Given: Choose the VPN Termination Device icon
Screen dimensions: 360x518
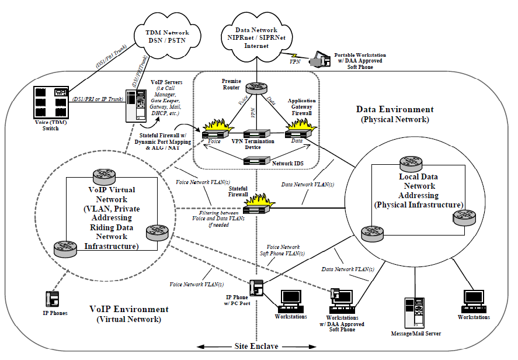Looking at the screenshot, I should [x=257, y=135].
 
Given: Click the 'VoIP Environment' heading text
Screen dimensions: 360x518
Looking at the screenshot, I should [x=129, y=309].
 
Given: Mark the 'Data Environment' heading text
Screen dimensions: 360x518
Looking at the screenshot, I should [x=395, y=109].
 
